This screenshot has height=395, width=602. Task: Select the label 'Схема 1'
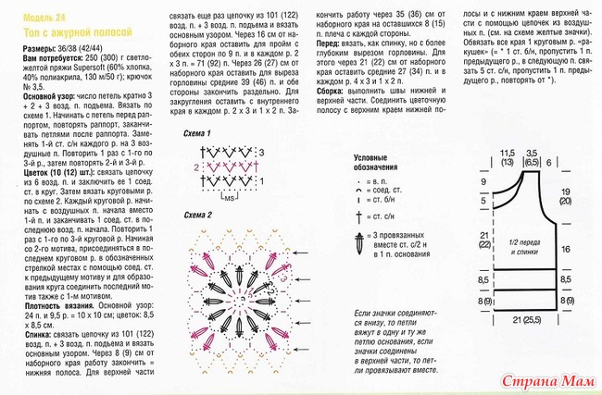[x=196, y=134]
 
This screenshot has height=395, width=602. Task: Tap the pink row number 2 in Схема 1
[x=196, y=167]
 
